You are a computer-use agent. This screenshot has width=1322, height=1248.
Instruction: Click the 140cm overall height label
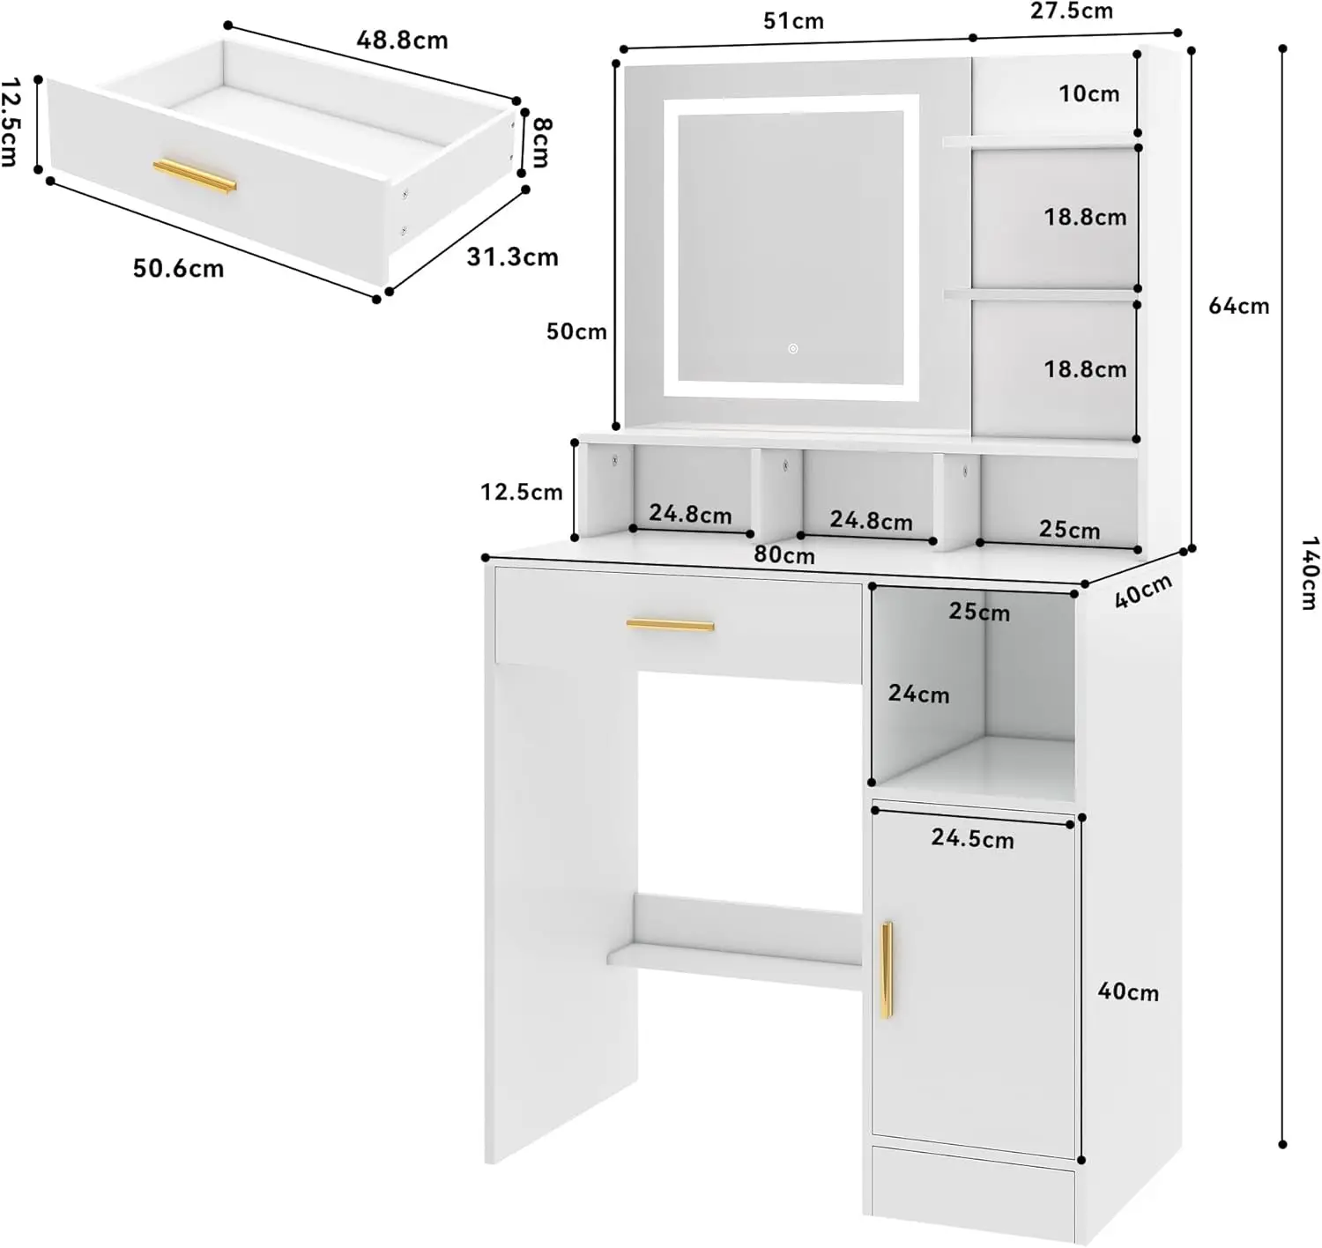pos(1310,574)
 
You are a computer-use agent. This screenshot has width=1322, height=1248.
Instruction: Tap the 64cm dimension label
pos(1239,306)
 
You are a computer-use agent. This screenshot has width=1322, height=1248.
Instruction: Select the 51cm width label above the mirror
pos(793,21)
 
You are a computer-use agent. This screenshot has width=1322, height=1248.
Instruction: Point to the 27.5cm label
pos(1071,11)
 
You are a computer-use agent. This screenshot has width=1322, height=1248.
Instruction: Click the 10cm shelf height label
pos(1089,94)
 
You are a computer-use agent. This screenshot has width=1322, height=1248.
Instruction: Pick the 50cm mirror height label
pos(576,331)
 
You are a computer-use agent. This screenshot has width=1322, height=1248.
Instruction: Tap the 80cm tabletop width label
pos(784,554)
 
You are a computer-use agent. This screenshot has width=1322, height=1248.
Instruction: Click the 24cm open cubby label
pos(918,694)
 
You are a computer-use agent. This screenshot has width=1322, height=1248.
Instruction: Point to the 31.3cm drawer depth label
pos(512,257)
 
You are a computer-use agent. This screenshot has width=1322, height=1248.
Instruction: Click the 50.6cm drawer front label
pos(178,269)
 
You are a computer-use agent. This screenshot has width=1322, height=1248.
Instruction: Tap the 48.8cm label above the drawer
pos(402,41)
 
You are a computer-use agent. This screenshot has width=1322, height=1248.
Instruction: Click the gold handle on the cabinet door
pos(887,970)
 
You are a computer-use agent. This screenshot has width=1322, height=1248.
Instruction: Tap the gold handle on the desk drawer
pos(671,625)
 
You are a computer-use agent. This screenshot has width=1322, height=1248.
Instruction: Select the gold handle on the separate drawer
pos(195,176)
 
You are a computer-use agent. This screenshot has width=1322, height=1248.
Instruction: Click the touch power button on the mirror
pos(793,349)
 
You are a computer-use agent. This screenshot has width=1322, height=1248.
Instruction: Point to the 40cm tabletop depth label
pos(1143,591)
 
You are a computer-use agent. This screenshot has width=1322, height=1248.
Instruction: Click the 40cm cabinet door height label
pos(1128,992)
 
